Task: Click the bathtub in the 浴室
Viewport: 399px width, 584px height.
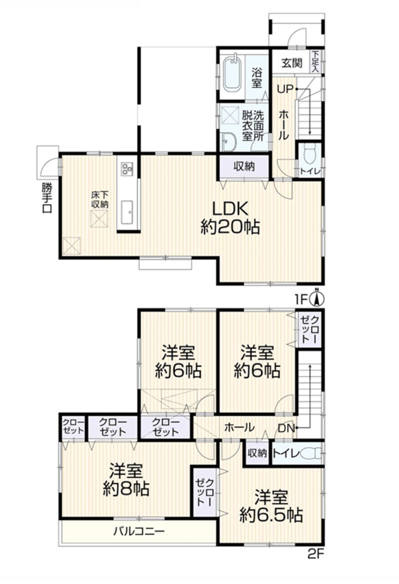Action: [x=232, y=74]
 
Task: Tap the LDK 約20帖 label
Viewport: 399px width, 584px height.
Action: [x=230, y=218]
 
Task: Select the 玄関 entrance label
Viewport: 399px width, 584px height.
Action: [x=292, y=63]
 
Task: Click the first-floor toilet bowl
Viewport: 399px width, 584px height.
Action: [x=310, y=154]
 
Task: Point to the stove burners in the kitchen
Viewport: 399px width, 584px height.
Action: [x=127, y=169]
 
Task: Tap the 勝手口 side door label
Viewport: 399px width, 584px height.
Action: [x=47, y=198]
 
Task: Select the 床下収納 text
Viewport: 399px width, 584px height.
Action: [x=99, y=200]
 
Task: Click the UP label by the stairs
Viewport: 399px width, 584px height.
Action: [x=285, y=89]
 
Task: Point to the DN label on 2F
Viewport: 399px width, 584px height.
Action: [x=286, y=429]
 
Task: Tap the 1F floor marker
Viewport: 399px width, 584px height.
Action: [x=302, y=299]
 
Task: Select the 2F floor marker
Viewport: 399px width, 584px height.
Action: [x=315, y=554]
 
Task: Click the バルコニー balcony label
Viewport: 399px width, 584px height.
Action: [x=138, y=532]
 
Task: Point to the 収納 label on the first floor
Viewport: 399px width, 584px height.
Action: [x=244, y=166]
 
